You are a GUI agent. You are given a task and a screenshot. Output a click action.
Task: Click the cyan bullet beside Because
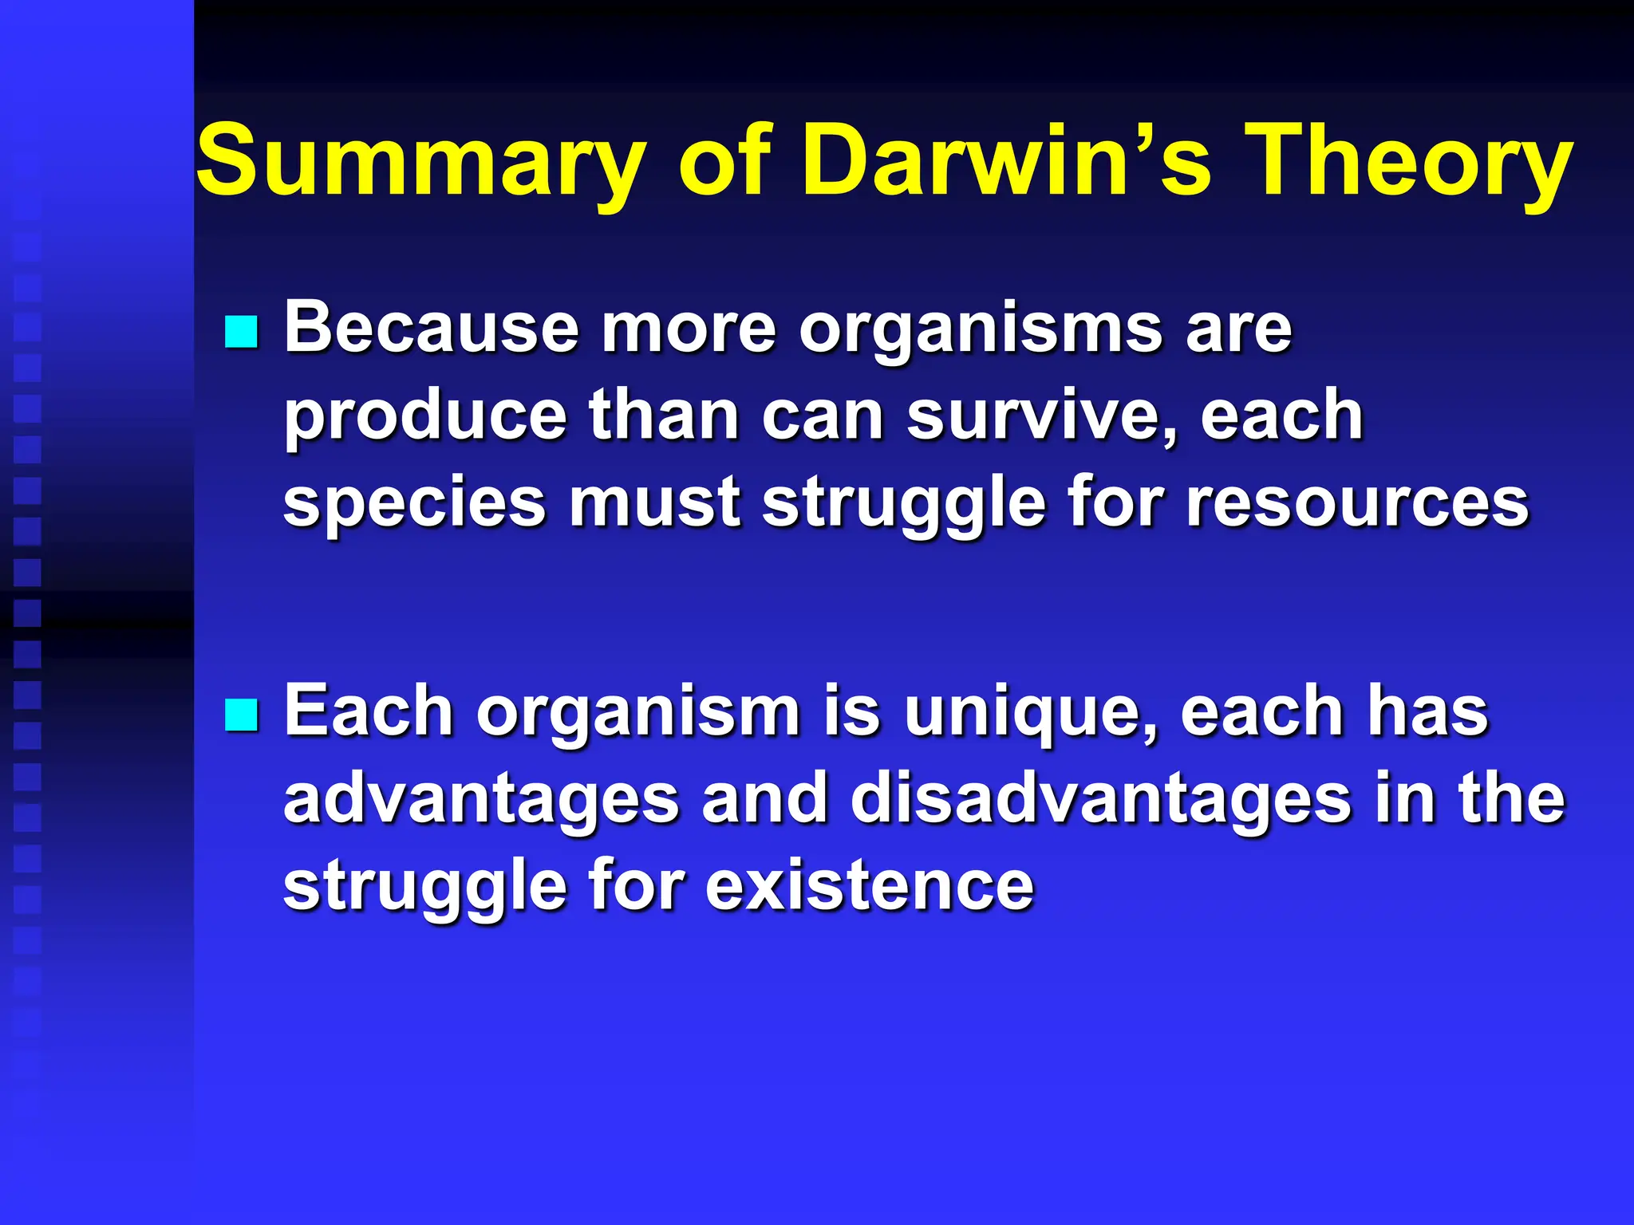coord(241,332)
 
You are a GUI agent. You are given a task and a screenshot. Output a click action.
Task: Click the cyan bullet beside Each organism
coord(241,715)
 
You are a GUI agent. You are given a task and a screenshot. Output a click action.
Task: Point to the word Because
coord(432,328)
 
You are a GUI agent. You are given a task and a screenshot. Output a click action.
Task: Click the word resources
coord(1357,504)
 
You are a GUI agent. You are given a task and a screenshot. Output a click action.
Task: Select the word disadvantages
coord(1101,799)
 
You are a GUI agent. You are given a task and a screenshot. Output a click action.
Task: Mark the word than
coord(664,416)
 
